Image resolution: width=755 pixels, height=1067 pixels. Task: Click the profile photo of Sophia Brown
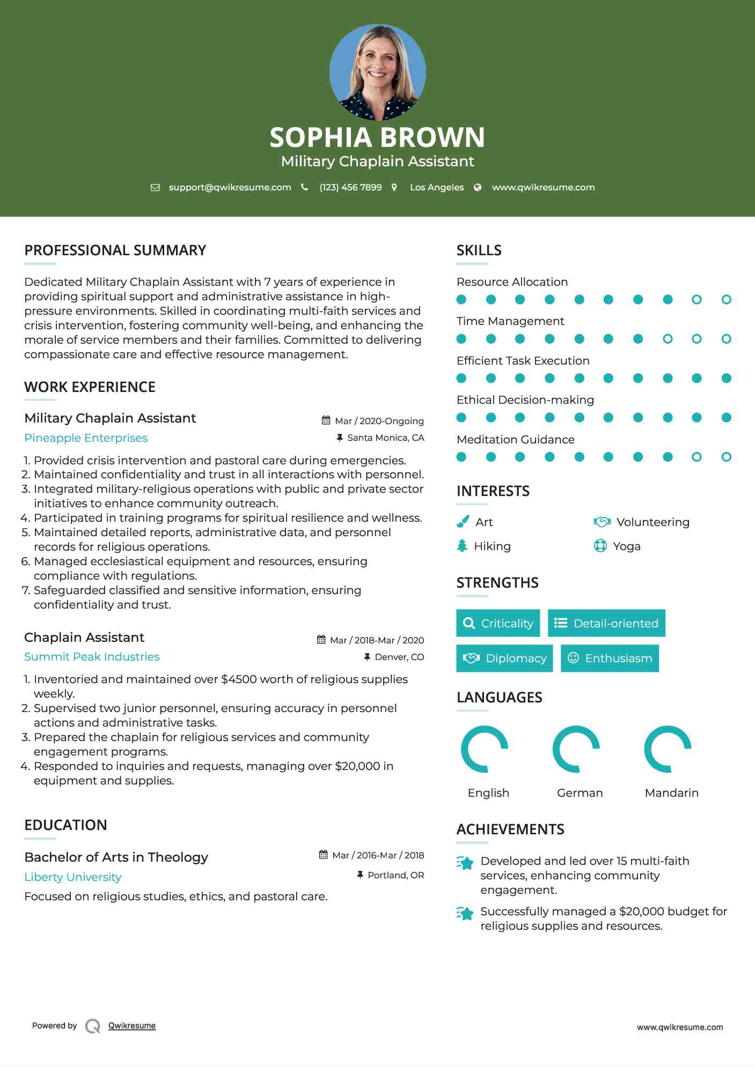coord(377,72)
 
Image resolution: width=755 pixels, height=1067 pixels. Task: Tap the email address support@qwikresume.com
coord(230,187)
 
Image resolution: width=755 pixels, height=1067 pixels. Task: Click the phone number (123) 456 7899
coord(350,187)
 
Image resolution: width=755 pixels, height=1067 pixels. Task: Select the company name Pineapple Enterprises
coord(86,438)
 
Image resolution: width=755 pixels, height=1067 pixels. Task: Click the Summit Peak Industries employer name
coord(92,657)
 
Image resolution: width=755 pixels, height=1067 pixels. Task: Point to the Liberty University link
coord(73,877)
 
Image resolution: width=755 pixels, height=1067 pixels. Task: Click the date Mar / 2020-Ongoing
coord(379,421)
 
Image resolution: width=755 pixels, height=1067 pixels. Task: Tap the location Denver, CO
coord(399,657)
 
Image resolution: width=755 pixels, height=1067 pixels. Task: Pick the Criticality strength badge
coord(498,623)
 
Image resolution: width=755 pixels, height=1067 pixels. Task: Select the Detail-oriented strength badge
coord(606,623)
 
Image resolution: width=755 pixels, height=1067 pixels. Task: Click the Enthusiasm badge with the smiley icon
coord(610,658)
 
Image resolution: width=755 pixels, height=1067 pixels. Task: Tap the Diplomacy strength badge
coord(504,658)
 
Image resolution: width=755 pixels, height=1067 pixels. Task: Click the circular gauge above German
coord(576,749)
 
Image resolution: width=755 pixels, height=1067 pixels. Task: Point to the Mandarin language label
coord(671,793)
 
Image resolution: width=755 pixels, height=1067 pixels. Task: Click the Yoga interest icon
coord(600,546)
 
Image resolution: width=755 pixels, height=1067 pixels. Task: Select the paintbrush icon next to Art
coord(463,522)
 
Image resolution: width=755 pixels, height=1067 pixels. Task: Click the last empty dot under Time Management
coord(726,339)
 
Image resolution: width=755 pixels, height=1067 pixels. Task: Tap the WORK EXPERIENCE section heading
coord(90,387)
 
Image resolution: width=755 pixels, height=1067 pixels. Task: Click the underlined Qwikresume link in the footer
coord(132,1026)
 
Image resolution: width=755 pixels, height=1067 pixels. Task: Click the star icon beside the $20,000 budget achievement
coord(465,913)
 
